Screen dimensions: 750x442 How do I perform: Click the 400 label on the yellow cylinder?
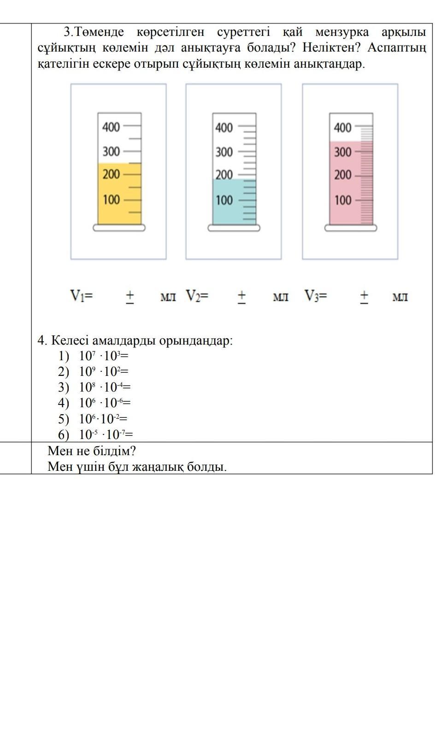pos(111,127)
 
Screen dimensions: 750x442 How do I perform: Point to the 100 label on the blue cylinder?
pos(224,200)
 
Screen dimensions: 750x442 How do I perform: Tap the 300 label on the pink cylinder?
pos(342,152)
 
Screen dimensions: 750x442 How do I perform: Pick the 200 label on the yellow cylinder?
pos(111,174)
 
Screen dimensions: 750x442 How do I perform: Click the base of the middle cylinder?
pos(234,228)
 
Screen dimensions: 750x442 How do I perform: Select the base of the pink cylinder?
pos(351,228)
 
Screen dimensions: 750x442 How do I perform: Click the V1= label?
pos(81,295)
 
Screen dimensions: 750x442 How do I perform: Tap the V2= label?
pos(197,295)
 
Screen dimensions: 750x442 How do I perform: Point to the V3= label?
pos(315,295)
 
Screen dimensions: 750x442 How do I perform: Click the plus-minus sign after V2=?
pos(242,296)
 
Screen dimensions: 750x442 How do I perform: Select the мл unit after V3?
pos(400,297)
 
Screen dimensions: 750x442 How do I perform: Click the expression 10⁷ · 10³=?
pos(103,356)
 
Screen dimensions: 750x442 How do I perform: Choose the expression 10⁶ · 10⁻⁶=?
pos(105,403)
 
